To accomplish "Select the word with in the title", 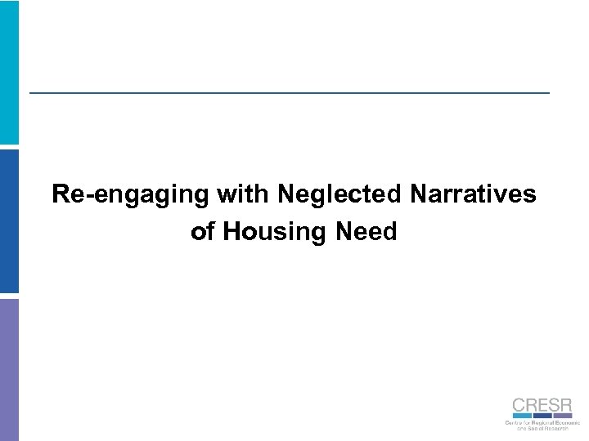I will click(x=245, y=194).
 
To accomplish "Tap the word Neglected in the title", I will click(x=340, y=194).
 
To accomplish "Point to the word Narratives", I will click(x=474, y=194).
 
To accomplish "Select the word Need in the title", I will click(x=366, y=232).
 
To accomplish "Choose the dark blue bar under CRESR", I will click(x=541, y=416).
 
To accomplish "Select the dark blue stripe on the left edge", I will click(x=9, y=220).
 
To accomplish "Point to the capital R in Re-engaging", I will click(x=60, y=194).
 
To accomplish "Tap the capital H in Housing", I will click(x=232, y=232).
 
